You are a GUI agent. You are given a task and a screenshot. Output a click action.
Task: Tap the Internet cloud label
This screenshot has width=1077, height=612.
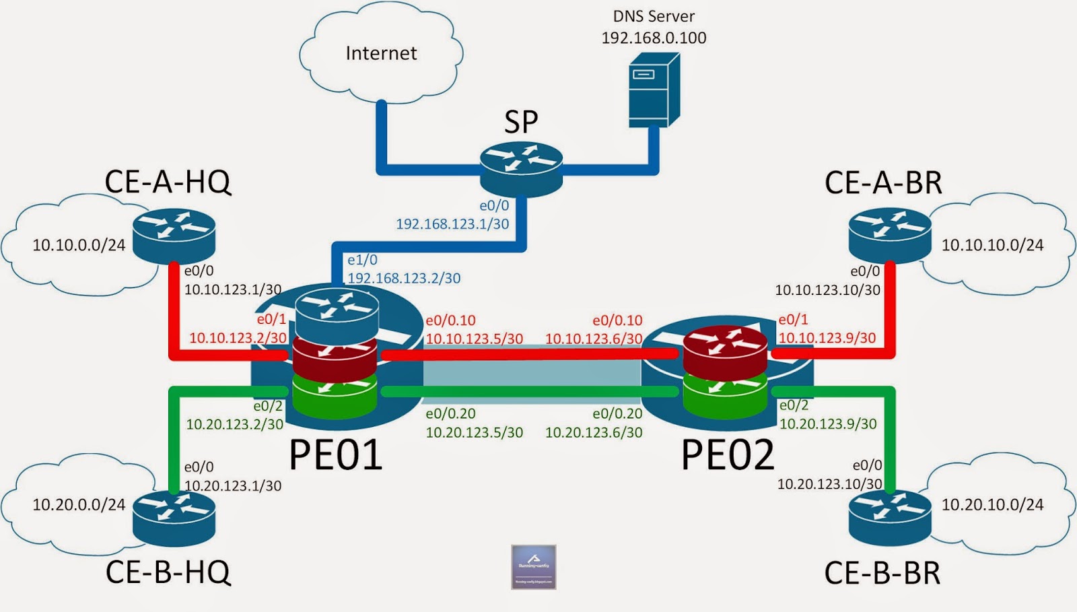(381, 53)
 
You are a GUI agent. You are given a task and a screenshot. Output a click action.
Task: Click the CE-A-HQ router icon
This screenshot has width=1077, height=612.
(174, 235)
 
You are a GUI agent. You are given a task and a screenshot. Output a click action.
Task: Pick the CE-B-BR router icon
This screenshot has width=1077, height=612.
(890, 516)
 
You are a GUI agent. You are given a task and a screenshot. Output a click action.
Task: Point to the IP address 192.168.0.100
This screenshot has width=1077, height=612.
(654, 38)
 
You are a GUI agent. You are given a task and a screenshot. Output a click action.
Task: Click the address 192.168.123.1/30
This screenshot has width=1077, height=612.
(452, 224)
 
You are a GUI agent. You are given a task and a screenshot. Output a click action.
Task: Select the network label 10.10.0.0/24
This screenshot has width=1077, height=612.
(79, 245)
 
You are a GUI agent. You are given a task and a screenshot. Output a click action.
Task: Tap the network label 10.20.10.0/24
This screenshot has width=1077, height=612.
(992, 504)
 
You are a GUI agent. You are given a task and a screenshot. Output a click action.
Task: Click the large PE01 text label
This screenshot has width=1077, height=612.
(335, 455)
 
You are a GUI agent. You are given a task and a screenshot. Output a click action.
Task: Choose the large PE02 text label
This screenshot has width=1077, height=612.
(727, 455)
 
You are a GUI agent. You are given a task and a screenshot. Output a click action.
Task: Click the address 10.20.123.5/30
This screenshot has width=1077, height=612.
(474, 432)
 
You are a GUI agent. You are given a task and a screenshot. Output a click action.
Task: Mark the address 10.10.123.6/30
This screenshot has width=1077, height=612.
(593, 339)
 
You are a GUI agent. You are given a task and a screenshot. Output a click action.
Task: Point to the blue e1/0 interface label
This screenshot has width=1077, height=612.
(362, 260)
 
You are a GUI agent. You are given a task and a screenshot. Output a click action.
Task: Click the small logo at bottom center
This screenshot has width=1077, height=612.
(533, 567)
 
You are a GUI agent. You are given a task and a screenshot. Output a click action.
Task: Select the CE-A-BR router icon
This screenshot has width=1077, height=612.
(890, 235)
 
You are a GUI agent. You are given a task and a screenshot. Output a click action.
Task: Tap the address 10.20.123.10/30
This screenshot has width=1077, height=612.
(829, 484)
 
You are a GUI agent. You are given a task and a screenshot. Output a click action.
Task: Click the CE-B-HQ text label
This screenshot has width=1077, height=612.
(168, 572)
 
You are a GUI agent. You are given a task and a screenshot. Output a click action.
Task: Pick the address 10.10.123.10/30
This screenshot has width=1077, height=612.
(827, 290)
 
